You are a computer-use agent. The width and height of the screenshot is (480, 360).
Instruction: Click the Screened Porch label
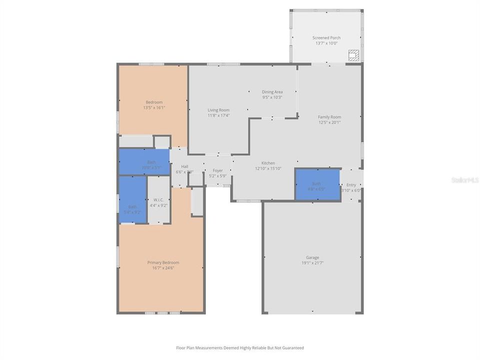(x=326, y=38)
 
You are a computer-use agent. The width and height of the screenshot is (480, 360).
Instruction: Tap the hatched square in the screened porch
(x=353, y=55)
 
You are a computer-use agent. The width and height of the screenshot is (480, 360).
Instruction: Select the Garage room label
(x=312, y=257)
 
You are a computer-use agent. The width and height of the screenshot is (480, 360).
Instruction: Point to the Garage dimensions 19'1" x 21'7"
(x=312, y=263)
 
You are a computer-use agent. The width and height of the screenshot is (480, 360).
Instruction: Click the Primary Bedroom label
(x=163, y=262)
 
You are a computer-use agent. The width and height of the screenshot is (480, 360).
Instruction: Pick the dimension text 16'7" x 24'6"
(x=163, y=268)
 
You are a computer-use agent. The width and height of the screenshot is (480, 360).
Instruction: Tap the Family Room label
(x=329, y=117)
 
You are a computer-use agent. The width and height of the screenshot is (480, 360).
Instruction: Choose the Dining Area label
(x=272, y=92)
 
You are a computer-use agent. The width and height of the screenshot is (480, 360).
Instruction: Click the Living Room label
(x=218, y=110)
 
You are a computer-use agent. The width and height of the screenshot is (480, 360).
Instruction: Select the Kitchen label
(x=268, y=163)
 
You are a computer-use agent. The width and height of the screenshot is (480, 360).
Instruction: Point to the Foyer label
(x=217, y=170)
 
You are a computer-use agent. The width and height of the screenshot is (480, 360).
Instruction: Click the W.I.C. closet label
(x=158, y=199)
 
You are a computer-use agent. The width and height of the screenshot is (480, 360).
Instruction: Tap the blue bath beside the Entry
(x=317, y=184)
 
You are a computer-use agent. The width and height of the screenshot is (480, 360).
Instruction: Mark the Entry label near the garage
(x=351, y=185)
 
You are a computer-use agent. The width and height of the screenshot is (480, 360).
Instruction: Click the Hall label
(x=184, y=166)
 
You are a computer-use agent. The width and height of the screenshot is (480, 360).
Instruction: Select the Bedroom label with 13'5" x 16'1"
(x=153, y=102)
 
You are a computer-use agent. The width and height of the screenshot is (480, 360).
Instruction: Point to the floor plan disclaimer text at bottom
(x=239, y=348)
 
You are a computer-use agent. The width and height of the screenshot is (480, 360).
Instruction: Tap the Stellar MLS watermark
(x=464, y=179)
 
